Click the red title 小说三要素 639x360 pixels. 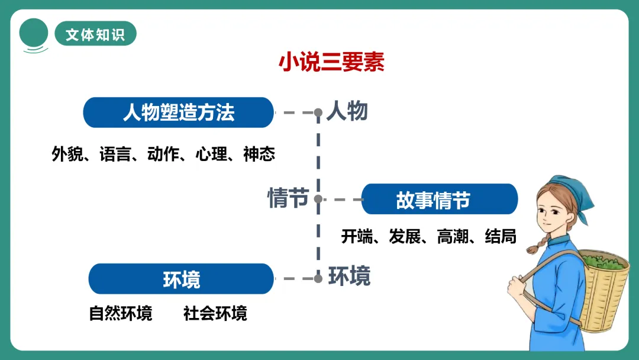coord(331,62)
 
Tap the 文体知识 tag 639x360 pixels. coord(95,34)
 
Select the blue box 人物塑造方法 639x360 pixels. coord(179,112)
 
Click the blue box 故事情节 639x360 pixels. coord(439,200)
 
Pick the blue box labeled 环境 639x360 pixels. coord(181,279)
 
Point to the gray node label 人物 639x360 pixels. coord(347,111)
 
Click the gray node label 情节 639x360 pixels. coord(288,198)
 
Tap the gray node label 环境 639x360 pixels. coord(350,276)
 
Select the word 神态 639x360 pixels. coord(259,155)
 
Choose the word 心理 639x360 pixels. coord(211,155)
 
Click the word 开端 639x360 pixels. coord(357,237)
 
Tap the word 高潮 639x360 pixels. coord(453,237)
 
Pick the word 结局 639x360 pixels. coord(501,237)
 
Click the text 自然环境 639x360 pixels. coord(121,313)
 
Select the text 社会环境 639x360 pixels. coord(215,313)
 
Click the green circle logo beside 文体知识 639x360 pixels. coord(34,33)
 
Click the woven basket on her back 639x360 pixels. coord(603,290)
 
